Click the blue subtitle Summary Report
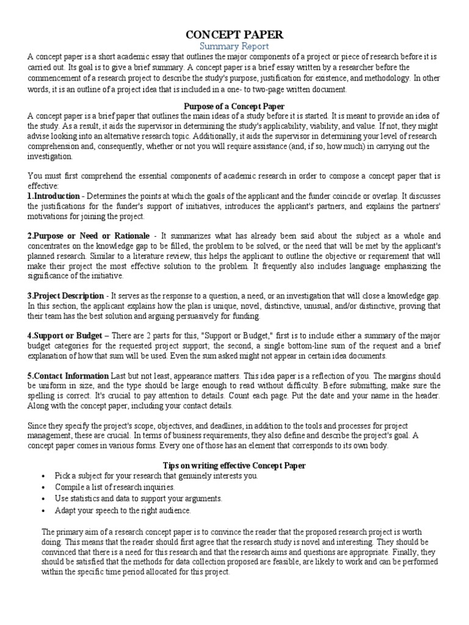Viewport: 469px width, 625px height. pos(234,46)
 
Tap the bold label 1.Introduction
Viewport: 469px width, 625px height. pos(53,196)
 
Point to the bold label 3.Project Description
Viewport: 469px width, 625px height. pos(65,295)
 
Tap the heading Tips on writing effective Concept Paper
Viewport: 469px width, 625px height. pos(234,465)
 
